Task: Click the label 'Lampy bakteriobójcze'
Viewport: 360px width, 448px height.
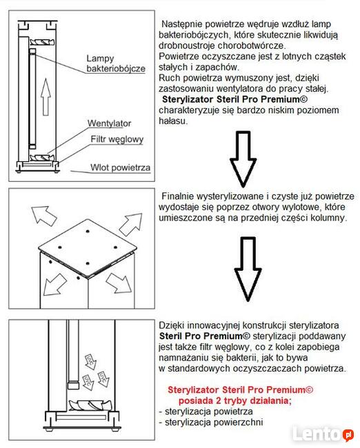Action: [114, 64]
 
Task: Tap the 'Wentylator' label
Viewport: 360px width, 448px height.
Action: [110, 123]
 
